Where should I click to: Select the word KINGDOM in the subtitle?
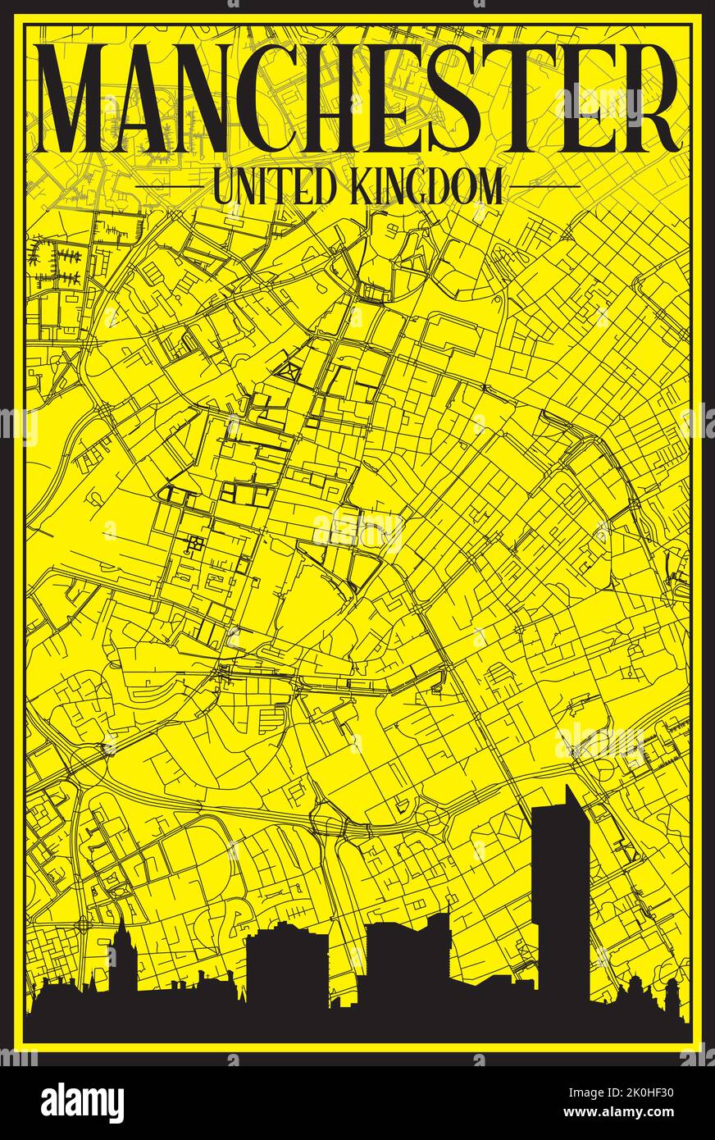(426, 186)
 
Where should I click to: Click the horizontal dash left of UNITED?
(167, 186)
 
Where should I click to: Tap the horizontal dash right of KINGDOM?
(545, 186)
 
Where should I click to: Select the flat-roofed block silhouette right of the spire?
(286, 968)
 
